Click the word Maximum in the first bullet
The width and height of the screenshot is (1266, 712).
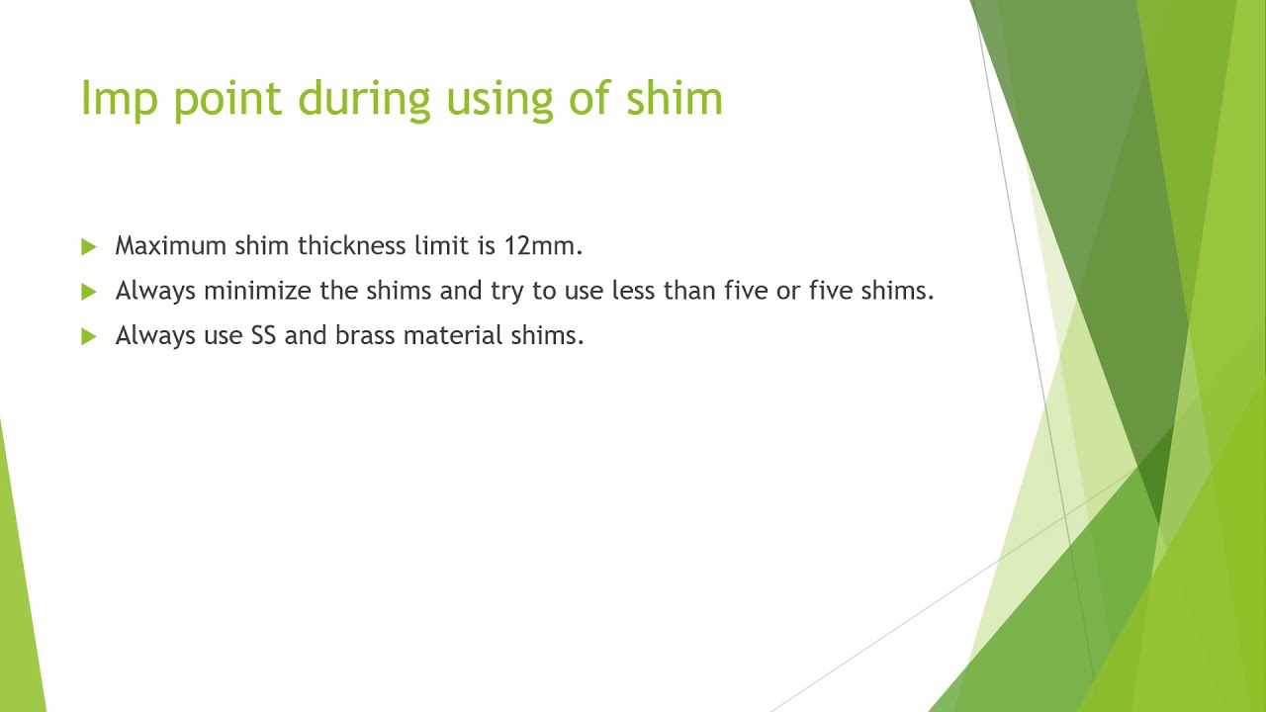[170, 246]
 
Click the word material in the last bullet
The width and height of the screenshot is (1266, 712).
[453, 335]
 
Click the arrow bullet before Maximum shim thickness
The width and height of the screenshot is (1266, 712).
[89, 246]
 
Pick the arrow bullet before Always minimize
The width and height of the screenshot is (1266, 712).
[89, 292]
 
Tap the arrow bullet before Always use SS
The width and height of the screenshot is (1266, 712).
[89, 336]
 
